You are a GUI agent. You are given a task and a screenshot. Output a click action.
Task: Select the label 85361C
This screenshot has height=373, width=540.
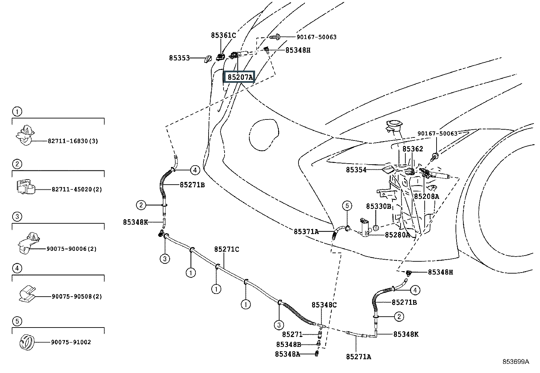click(224, 35)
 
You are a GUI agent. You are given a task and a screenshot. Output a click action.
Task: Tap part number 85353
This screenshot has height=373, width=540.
click(179, 58)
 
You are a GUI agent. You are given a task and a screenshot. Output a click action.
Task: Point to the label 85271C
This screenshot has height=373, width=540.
click(227, 249)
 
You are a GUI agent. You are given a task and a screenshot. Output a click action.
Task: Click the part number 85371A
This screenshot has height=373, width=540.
click(306, 231)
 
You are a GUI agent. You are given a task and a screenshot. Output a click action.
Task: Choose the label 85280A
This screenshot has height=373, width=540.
click(397, 235)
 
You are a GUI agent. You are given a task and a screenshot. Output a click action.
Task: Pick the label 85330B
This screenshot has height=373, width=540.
click(379, 206)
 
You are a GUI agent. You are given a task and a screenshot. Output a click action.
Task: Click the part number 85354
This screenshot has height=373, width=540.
click(356, 170)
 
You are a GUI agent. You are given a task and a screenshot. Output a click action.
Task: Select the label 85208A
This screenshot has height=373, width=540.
click(426, 197)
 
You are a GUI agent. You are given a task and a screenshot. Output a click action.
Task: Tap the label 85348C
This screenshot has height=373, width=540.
click(324, 305)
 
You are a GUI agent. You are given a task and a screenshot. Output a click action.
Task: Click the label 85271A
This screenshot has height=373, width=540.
click(359, 357)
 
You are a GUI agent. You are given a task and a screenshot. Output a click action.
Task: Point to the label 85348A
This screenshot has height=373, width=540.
click(287, 354)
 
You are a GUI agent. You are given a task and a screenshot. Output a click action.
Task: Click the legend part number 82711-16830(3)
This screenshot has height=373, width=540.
click(73, 141)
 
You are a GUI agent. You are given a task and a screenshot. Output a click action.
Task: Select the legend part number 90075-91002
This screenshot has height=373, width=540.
click(71, 342)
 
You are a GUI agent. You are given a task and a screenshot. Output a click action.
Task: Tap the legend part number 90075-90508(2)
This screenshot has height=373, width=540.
click(77, 296)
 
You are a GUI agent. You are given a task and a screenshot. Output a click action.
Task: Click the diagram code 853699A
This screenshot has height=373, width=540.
click(516, 362)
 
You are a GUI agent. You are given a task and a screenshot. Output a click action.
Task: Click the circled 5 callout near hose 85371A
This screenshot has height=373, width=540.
click(347, 206)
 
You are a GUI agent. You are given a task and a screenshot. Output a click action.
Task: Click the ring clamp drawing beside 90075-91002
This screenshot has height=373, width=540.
click(27, 342)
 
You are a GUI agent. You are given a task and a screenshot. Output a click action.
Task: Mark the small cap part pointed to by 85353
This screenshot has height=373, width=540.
click(208, 59)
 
